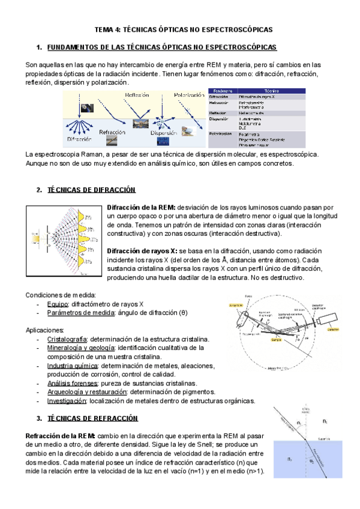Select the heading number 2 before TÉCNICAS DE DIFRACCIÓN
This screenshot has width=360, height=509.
(38, 190)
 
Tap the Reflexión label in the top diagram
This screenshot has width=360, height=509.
(137, 95)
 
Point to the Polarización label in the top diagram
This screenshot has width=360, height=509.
(189, 94)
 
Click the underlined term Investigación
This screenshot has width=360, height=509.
(65, 400)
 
